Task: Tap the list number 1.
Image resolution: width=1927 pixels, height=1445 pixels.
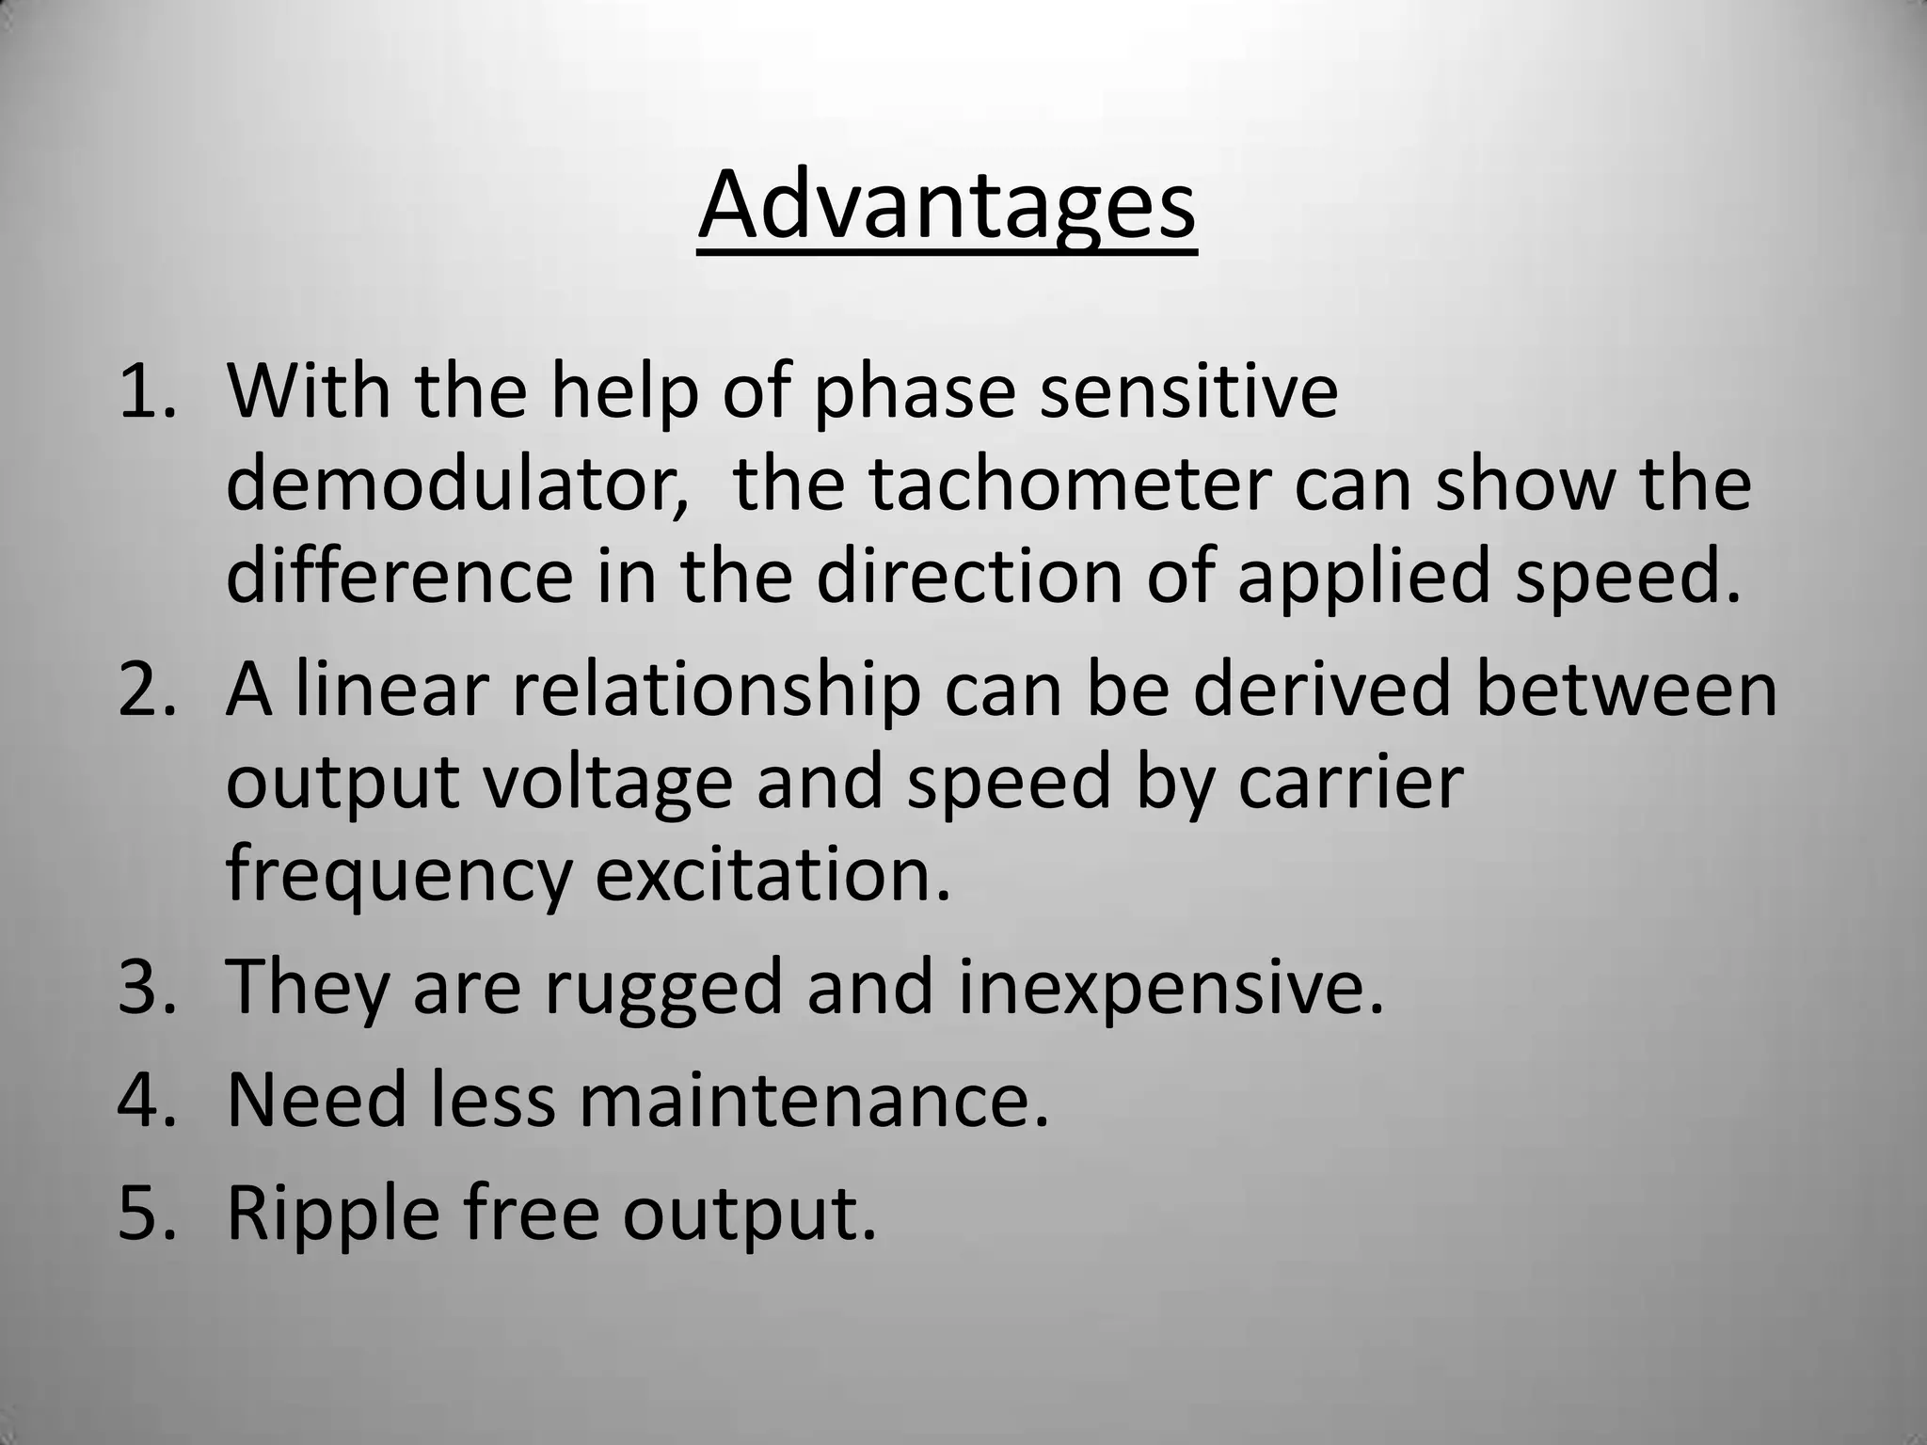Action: [x=146, y=390]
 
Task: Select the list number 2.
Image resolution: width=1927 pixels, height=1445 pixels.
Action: [x=146, y=690]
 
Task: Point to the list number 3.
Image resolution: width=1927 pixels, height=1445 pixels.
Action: [x=146, y=987]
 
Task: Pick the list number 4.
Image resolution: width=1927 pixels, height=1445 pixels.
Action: [x=146, y=1100]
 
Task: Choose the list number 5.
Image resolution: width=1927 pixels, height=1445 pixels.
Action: [x=146, y=1213]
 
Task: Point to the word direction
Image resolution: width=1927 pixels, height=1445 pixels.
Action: [x=968, y=575]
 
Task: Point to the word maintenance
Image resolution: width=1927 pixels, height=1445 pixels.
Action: [x=813, y=1100]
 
